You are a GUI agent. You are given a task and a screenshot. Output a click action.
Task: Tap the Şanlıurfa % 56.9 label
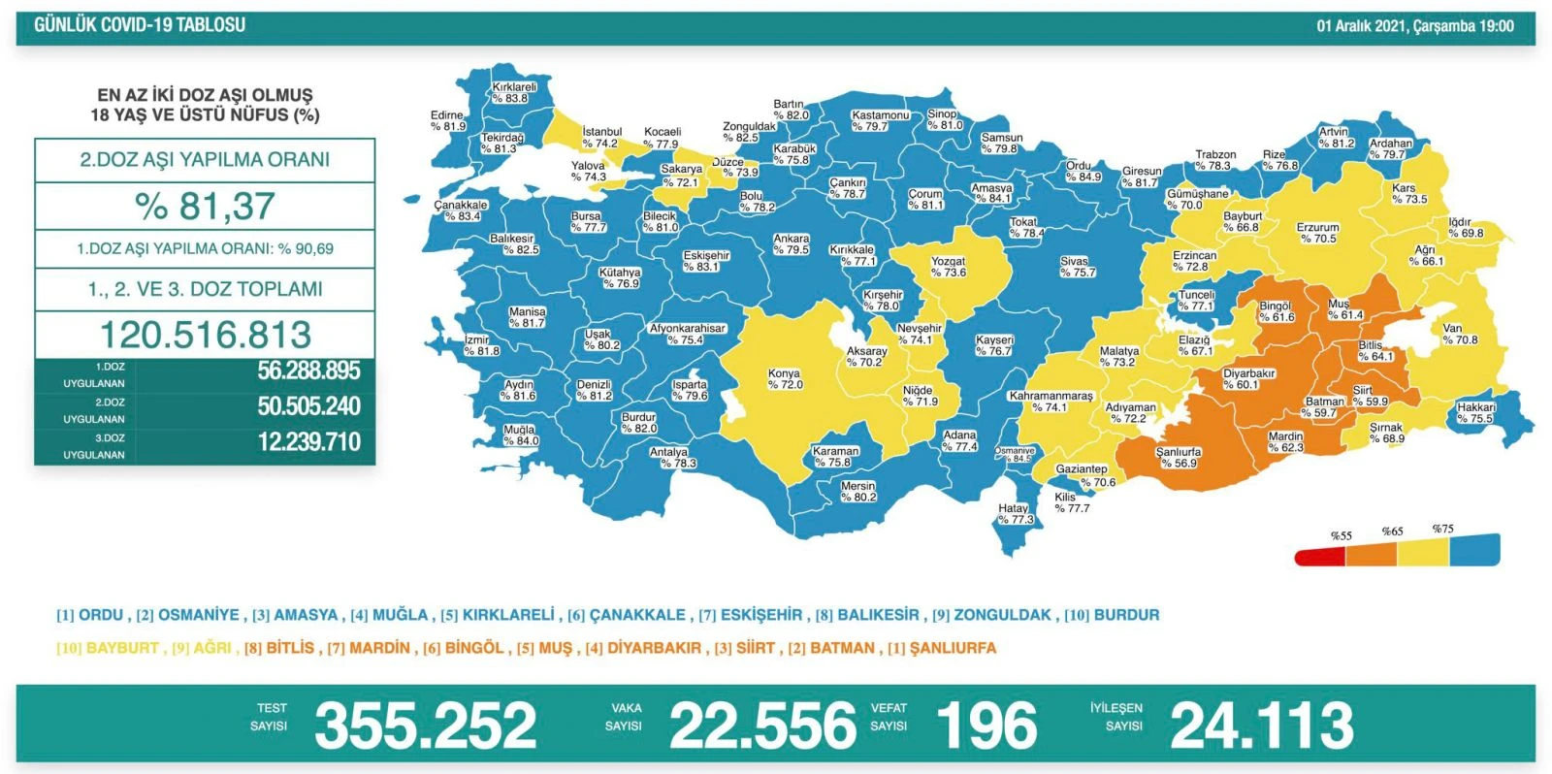(1179, 458)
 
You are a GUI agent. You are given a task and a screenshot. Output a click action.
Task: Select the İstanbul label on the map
(601, 137)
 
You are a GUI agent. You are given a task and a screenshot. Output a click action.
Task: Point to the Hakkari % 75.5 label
(1475, 413)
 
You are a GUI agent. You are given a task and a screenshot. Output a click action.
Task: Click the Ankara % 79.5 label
(791, 244)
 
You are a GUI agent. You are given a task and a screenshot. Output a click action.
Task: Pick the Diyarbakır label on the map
(1248, 379)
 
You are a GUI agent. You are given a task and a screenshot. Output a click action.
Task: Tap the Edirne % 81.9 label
(448, 120)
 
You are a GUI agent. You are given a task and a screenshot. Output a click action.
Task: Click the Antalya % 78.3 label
(671, 458)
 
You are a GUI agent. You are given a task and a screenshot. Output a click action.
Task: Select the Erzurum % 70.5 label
(1317, 233)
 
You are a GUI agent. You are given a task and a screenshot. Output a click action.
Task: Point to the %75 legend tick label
(1442, 530)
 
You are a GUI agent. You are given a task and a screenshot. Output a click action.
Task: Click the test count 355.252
(425, 726)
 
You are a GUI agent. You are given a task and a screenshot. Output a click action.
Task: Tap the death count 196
(986, 726)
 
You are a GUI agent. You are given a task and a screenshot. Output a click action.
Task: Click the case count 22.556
(762, 726)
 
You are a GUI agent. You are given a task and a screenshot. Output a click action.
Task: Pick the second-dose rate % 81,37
(205, 206)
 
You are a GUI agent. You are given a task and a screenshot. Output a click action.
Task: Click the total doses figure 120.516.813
(206, 335)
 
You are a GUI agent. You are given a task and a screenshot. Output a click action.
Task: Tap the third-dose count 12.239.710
(308, 442)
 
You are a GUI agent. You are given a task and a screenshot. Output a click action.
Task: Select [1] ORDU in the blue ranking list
(91, 615)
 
